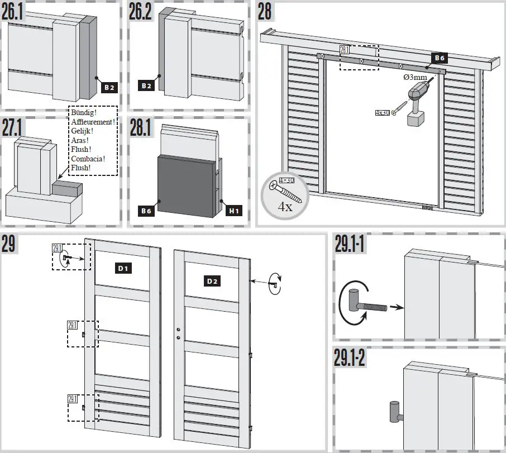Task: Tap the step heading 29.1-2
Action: pyautogui.click(x=350, y=359)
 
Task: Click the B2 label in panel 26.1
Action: pyautogui.click(x=109, y=87)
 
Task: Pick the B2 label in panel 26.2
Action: pyautogui.click(x=146, y=86)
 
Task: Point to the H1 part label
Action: pyautogui.click(x=234, y=211)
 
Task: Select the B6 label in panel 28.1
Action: pyautogui.click(x=146, y=211)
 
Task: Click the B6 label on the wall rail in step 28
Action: pyautogui.click(x=438, y=58)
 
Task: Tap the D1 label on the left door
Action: pyautogui.click(x=123, y=269)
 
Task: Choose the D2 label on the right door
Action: pyautogui.click(x=211, y=281)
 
